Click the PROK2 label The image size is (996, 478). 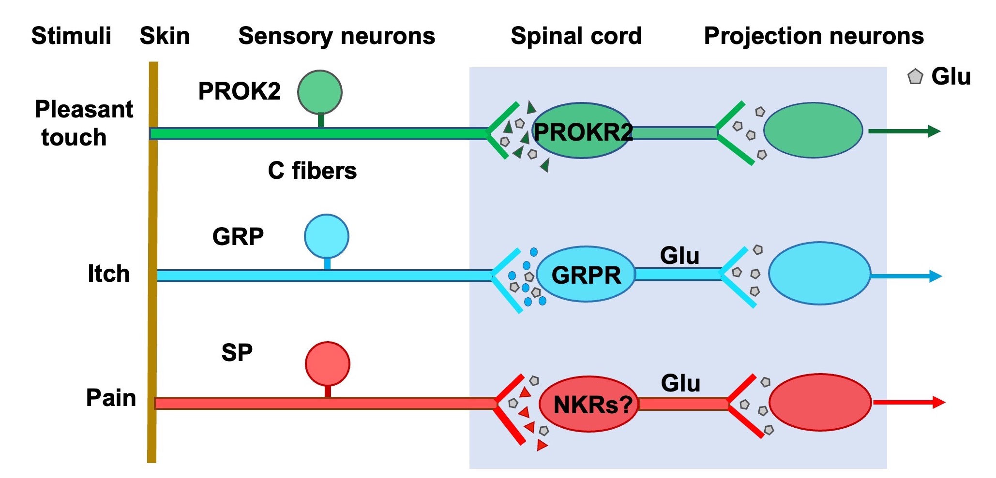(x=239, y=91)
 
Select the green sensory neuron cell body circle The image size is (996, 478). (x=320, y=92)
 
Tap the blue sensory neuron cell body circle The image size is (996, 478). (x=327, y=236)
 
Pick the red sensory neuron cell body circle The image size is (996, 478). (x=328, y=364)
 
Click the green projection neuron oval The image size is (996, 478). (x=813, y=130)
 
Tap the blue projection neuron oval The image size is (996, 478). (x=819, y=274)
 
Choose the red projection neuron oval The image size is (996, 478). (x=820, y=402)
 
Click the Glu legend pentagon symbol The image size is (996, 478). (x=915, y=77)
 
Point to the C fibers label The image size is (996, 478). (x=312, y=171)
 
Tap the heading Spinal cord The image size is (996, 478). (x=576, y=36)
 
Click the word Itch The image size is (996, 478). (x=108, y=274)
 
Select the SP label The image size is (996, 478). (x=237, y=353)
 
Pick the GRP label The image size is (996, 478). (x=238, y=236)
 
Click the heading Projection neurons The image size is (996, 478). (x=814, y=36)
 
